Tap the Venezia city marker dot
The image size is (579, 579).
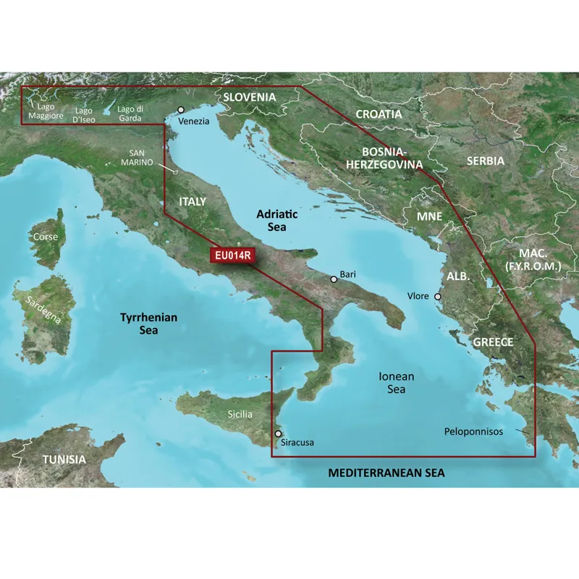tap(181, 110)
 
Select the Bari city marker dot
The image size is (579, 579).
tap(334, 279)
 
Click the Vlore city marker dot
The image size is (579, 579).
tap(436, 296)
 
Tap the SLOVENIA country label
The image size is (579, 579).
tap(250, 97)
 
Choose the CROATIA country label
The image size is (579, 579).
tap(379, 114)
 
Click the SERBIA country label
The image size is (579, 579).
tap(485, 161)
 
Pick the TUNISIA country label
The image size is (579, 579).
tap(64, 460)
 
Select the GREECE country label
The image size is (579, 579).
tap(493, 342)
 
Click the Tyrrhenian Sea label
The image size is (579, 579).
tap(148, 324)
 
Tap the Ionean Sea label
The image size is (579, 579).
tap(397, 383)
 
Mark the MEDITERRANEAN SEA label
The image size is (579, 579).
tap(386, 473)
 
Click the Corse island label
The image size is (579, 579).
tap(45, 237)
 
